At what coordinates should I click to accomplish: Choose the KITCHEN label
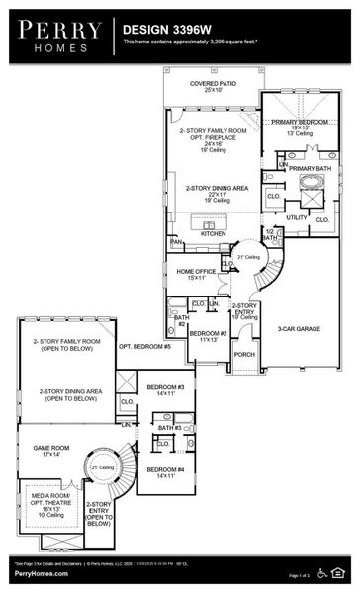(x=214, y=234)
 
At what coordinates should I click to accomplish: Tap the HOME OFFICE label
(x=197, y=272)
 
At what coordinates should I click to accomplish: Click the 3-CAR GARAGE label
(x=298, y=328)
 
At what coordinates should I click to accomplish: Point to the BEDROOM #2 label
(x=209, y=334)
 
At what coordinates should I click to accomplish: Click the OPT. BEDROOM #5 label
(x=144, y=347)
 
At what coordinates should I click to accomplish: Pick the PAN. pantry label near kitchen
(x=176, y=240)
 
